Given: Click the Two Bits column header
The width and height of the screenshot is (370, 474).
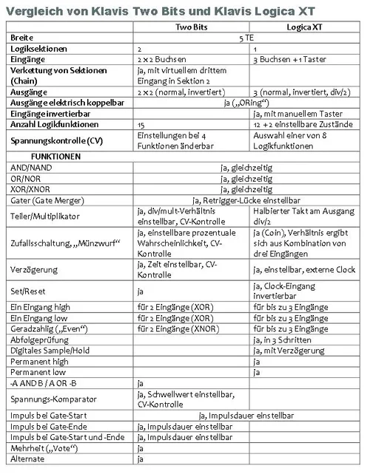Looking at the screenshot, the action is coord(192,26).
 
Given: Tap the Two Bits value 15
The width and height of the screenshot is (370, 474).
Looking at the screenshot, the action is coord(142,126).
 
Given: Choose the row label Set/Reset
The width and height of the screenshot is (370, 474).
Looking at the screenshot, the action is coord(27,292).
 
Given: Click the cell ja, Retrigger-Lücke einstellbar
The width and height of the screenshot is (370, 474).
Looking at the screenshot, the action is coord(247,200).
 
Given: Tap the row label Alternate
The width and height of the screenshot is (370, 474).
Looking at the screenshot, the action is coord(27,459).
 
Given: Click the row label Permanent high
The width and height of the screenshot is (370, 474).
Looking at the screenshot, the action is coord(39,362).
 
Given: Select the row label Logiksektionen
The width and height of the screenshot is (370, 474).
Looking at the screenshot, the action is coord(37,47).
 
